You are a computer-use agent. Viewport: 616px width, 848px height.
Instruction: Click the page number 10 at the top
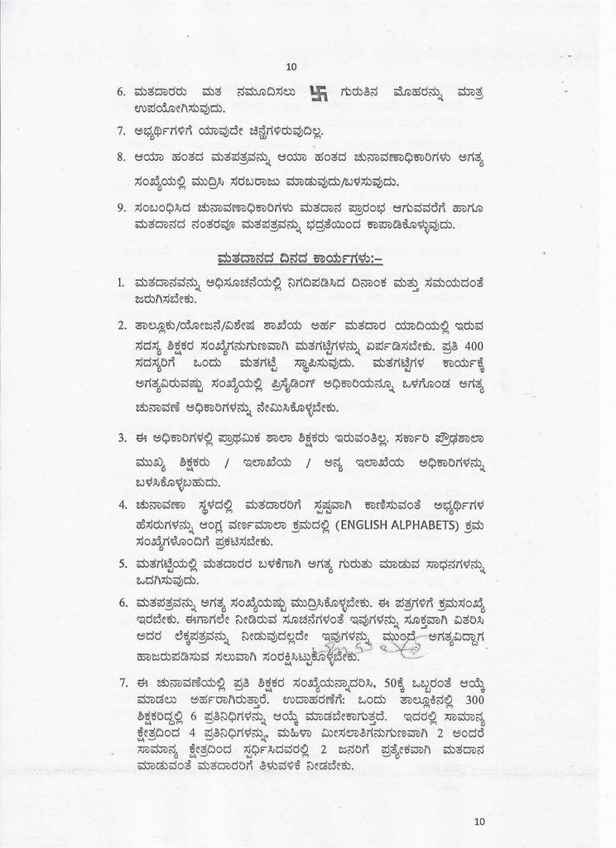(x=291, y=68)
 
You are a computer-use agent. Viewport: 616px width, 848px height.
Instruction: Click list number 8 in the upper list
(x=121, y=156)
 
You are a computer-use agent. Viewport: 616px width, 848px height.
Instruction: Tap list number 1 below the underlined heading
(x=121, y=283)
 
